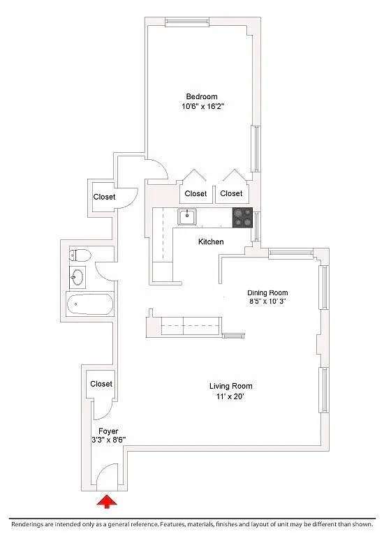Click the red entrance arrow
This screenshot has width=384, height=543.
(107, 501)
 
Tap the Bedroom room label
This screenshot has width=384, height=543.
(202, 96)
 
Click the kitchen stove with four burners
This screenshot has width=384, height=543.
(242, 218)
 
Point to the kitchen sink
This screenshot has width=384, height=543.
(187, 217)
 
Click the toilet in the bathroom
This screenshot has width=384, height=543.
(80, 255)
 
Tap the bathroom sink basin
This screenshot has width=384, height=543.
(77, 277)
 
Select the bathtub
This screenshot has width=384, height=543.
(90, 304)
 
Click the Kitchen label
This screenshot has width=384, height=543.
(211, 241)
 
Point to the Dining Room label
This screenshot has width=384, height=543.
(267, 292)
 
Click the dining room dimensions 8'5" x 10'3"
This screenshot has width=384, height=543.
(267, 302)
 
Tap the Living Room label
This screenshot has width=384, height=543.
(231, 386)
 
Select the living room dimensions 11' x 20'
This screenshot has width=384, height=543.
(231, 396)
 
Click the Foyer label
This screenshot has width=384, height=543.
(108, 431)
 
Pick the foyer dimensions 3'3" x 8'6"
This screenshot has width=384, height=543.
(108, 440)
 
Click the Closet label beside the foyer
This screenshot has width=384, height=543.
(101, 384)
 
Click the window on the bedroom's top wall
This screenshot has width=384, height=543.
(187, 22)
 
